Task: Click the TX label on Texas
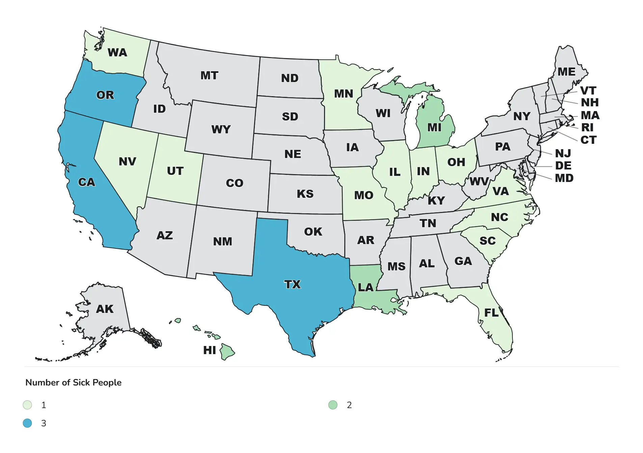[x=292, y=284]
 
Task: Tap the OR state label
[x=105, y=95]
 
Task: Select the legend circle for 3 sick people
[x=27, y=423]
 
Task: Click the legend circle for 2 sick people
[x=333, y=405]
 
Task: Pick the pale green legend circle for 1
[x=27, y=405]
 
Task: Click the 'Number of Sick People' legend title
[x=73, y=382]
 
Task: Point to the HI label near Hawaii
[x=209, y=350]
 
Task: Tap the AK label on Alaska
[x=105, y=309]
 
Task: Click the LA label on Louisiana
[x=366, y=287]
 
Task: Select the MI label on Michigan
[x=434, y=128]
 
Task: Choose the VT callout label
[x=588, y=90]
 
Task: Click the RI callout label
[x=587, y=127]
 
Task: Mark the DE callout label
[x=563, y=166]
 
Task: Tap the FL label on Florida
[x=491, y=313]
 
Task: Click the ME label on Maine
[x=566, y=72]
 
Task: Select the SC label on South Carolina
[x=487, y=241]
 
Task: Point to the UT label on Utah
[x=175, y=171]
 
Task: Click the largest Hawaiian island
[x=227, y=352]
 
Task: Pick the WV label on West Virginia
[x=479, y=182]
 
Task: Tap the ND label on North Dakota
[x=290, y=78]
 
